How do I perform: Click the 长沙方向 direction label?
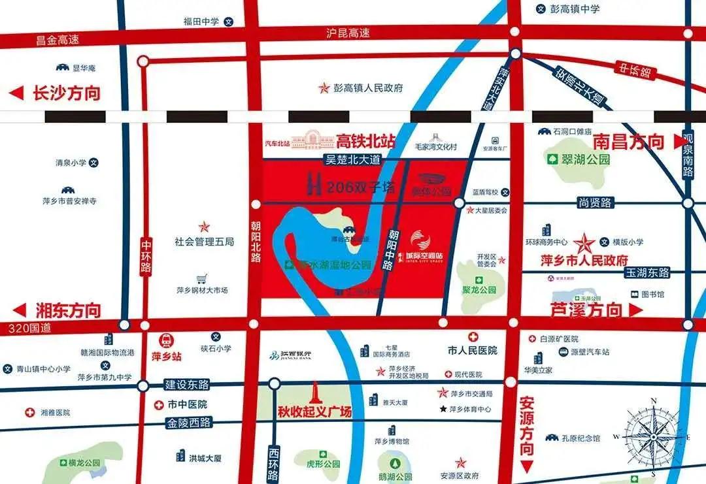(x=66, y=93)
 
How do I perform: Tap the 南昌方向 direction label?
(x=628, y=141)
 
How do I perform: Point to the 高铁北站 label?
(x=366, y=140)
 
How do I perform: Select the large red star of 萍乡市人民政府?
(x=584, y=244)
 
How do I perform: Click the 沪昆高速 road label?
(x=348, y=33)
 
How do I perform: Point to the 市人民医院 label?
(x=473, y=350)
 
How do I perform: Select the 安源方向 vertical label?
(x=527, y=425)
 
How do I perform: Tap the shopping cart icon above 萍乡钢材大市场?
(x=202, y=278)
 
